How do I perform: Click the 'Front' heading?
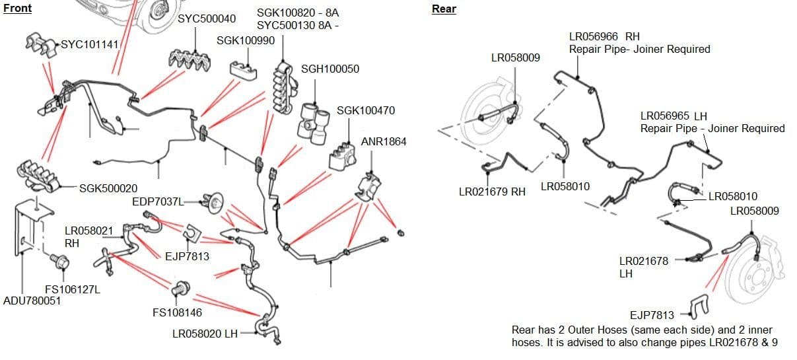click(17, 8)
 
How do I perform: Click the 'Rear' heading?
click(444, 9)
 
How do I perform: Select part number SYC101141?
click(90, 45)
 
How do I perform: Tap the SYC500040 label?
click(207, 18)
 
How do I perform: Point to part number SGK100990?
click(246, 40)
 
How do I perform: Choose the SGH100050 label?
click(330, 69)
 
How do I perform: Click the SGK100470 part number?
click(366, 110)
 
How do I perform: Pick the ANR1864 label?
click(384, 141)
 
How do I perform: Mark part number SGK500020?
click(108, 189)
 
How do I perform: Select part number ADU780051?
click(32, 301)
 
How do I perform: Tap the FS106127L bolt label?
click(72, 289)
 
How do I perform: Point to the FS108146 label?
click(177, 312)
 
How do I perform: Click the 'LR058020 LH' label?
click(205, 334)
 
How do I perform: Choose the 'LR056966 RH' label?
click(604, 37)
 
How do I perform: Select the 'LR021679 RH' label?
click(492, 192)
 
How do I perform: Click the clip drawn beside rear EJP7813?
click(699, 305)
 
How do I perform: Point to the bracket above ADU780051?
click(33, 225)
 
